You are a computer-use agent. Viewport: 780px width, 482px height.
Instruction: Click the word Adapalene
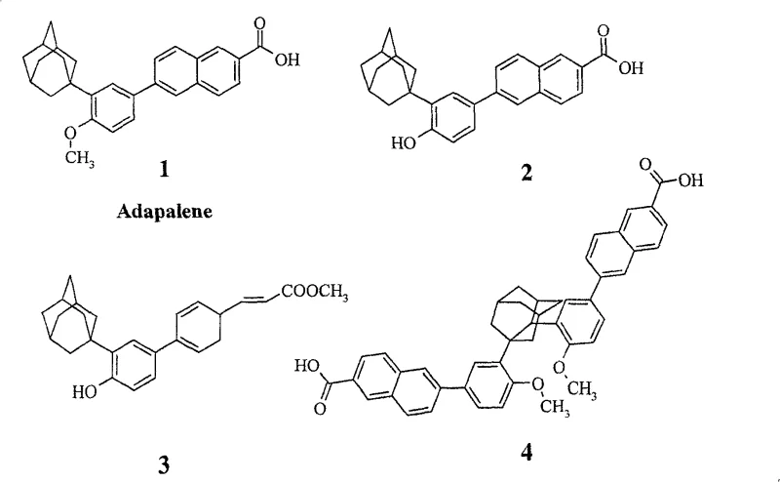coord(164,210)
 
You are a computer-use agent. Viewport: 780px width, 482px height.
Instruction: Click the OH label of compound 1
coord(287,60)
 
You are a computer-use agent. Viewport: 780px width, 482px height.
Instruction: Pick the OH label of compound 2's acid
coord(631,68)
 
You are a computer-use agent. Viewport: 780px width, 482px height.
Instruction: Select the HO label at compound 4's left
coord(306,367)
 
